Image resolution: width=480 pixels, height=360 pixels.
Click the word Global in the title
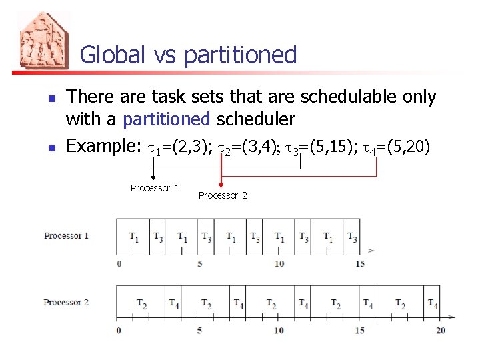coord(112,55)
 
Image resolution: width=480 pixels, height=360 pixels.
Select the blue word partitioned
coord(167,119)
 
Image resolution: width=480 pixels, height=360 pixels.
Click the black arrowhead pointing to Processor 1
coord(153,177)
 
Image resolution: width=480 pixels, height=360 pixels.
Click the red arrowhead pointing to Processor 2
coord(221,184)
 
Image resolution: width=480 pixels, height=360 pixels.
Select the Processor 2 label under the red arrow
coord(223,195)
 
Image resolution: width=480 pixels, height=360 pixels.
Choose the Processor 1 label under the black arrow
coord(155,189)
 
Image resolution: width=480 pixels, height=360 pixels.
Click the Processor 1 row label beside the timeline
coord(67,236)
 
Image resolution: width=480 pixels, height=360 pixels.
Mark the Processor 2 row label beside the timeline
coord(67,303)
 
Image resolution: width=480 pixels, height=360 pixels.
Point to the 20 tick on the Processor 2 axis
coord(441,330)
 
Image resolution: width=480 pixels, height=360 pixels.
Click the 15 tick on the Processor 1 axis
coord(360,263)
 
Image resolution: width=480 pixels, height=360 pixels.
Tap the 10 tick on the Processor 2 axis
coord(279,330)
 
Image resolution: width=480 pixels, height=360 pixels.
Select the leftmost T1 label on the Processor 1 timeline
coord(134,237)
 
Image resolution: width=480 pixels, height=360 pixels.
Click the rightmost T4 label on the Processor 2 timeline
coord(432,305)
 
